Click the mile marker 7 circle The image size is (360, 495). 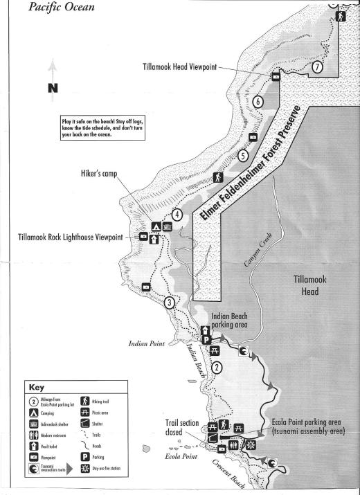tap(316, 67)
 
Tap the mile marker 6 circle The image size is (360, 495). tap(258, 102)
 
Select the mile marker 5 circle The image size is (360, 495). tap(243, 156)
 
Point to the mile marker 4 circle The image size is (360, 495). tap(178, 215)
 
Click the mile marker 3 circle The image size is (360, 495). tap(170, 302)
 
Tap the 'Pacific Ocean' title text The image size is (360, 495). tap(57, 8)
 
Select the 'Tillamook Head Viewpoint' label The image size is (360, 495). tap(177, 67)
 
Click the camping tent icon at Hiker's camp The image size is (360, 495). tap(156, 226)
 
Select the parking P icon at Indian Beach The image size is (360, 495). tap(206, 339)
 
